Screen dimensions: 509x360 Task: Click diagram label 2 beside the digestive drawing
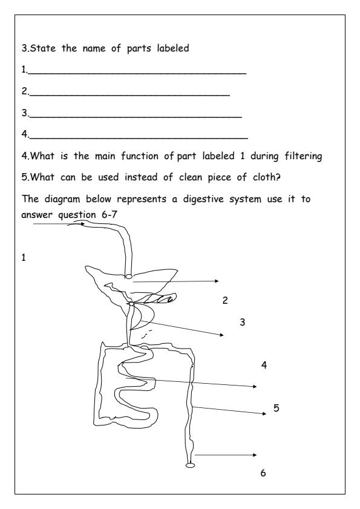click(x=225, y=301)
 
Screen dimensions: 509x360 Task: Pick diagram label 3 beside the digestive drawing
click(x=242, y=322)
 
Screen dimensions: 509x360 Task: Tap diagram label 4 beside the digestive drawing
click(x=264, y=365)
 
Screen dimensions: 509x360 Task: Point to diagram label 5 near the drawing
click(x=276, y=408)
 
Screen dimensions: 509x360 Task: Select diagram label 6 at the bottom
click(x=263, y=473)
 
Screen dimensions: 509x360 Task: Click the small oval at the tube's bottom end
click(x=191, y=465)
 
